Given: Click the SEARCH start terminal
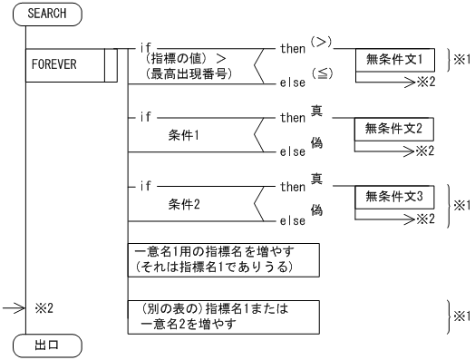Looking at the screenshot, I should click(47, 15).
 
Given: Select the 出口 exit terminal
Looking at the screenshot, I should click(47, 345).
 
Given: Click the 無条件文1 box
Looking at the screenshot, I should click(394, 61).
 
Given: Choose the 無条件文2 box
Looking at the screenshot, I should click(394, 128).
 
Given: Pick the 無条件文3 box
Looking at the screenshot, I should click(394, 195).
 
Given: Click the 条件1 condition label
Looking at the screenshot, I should click(187, 133).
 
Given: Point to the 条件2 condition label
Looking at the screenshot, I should click(187, 204).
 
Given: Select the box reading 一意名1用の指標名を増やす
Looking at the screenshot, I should click(223, 258).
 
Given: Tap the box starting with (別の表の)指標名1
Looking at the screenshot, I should click(223, 316).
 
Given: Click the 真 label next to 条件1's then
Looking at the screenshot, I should click(317, 111).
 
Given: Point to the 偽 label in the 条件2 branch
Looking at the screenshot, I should click(317, 209).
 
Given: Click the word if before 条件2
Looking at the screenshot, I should click(144, 187).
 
